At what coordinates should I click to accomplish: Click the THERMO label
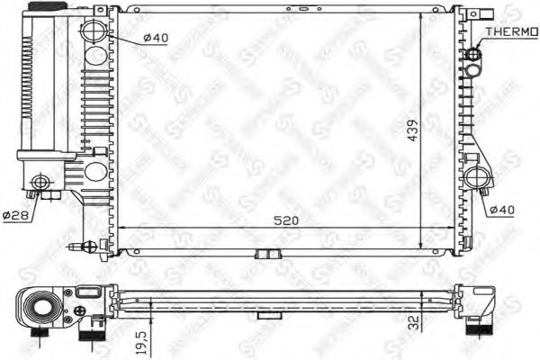pos(510,31)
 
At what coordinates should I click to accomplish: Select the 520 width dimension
pos(285,219)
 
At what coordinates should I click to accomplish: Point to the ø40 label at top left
pos(156,39)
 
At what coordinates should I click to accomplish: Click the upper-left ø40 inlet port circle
pos(94,32)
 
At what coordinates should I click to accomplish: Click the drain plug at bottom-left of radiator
pos(79,245)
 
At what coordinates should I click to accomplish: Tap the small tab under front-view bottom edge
pos(265,252)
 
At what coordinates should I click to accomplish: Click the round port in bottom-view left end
pos(40,307)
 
